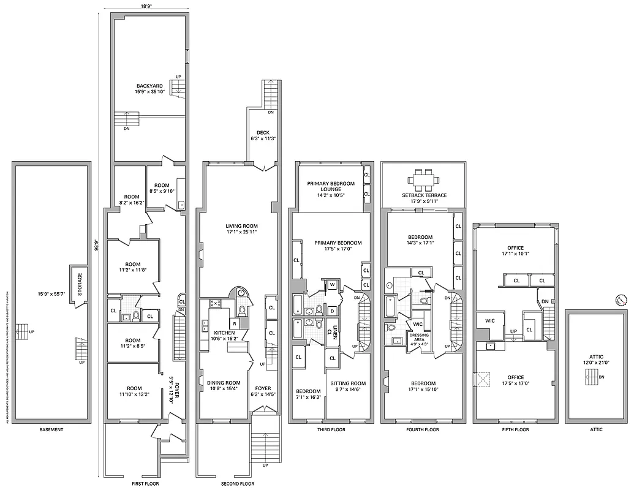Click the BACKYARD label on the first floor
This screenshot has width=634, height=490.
(x=149, y=86)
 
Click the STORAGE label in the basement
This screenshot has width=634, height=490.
(x=80, y=284)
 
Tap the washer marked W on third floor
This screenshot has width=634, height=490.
(x=331, y=285)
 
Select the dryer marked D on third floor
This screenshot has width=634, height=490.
(x=331, y=311)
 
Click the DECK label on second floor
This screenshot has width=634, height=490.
(x=263, y=132)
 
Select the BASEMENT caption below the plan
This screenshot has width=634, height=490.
(x=51, y=430)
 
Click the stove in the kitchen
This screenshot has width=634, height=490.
(x=215, y=303)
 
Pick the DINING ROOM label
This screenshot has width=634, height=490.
(x=224, y=383)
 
